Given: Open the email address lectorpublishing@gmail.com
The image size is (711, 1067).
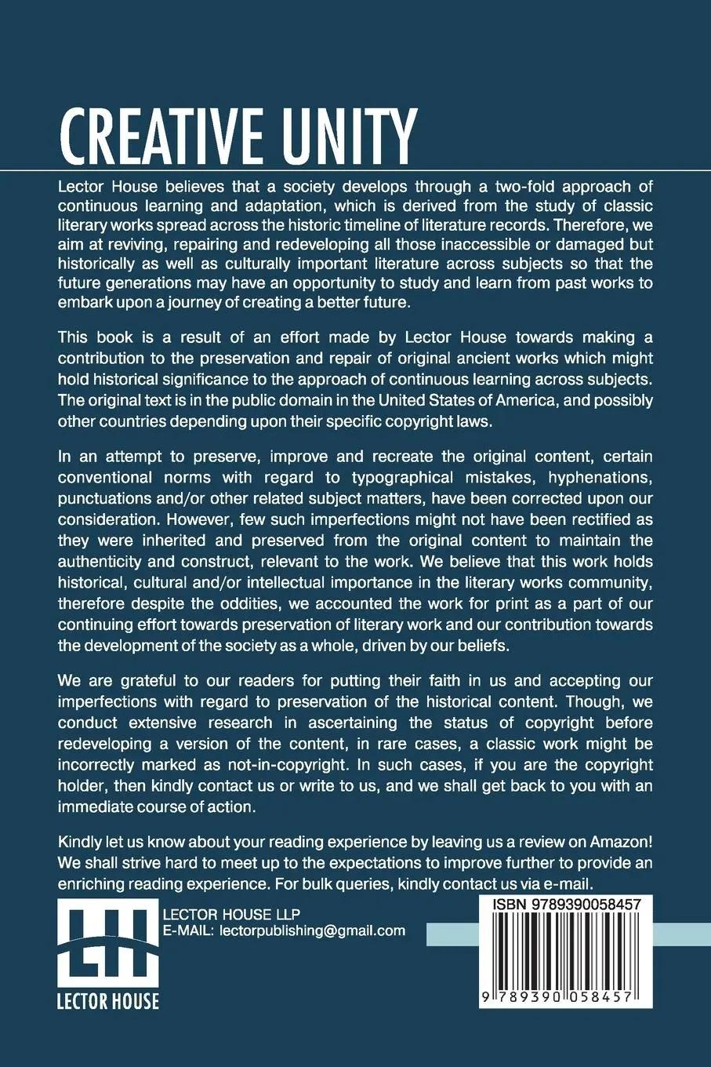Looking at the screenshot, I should coord(313,931).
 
